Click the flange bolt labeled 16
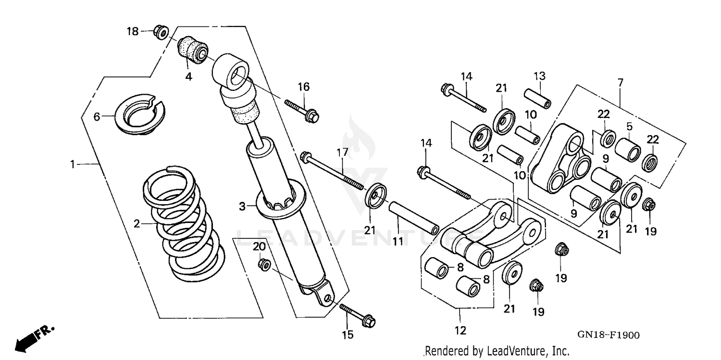coord(302,110)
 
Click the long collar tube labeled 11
coord(413,218)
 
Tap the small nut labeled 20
coord(263,264)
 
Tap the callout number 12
coord(460,331)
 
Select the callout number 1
coord(72,164)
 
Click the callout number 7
coord(620,83)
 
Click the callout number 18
coord(132,32)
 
